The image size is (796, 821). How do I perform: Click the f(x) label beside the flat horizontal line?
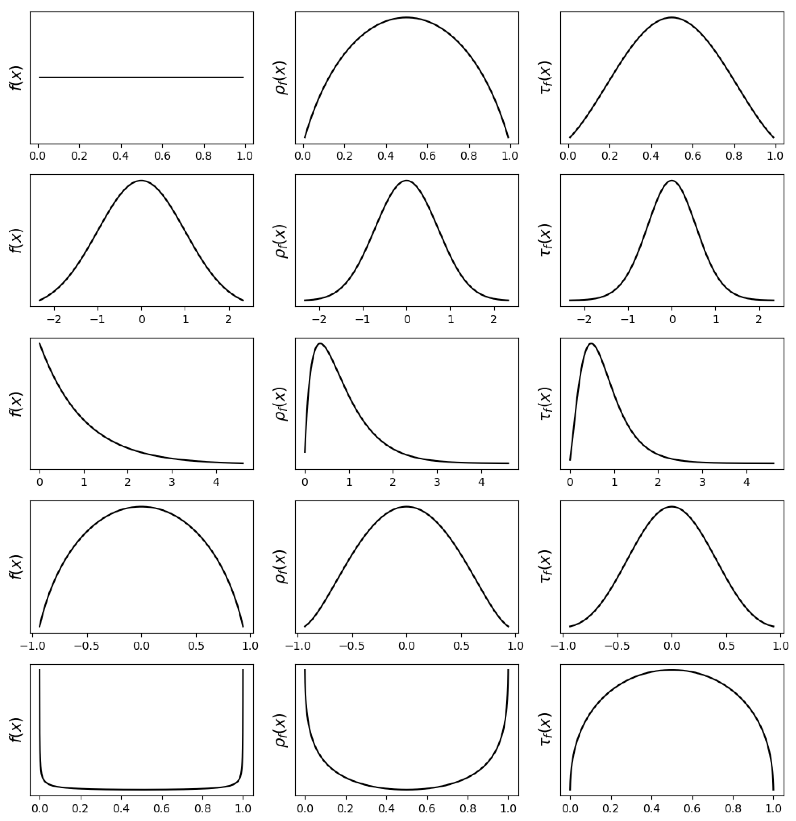(16, 78)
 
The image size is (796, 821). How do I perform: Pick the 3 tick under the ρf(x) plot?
(437, 482)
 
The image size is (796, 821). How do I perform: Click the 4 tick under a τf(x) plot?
(746, 482)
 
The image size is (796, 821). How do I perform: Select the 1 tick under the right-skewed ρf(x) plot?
(349, 482)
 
